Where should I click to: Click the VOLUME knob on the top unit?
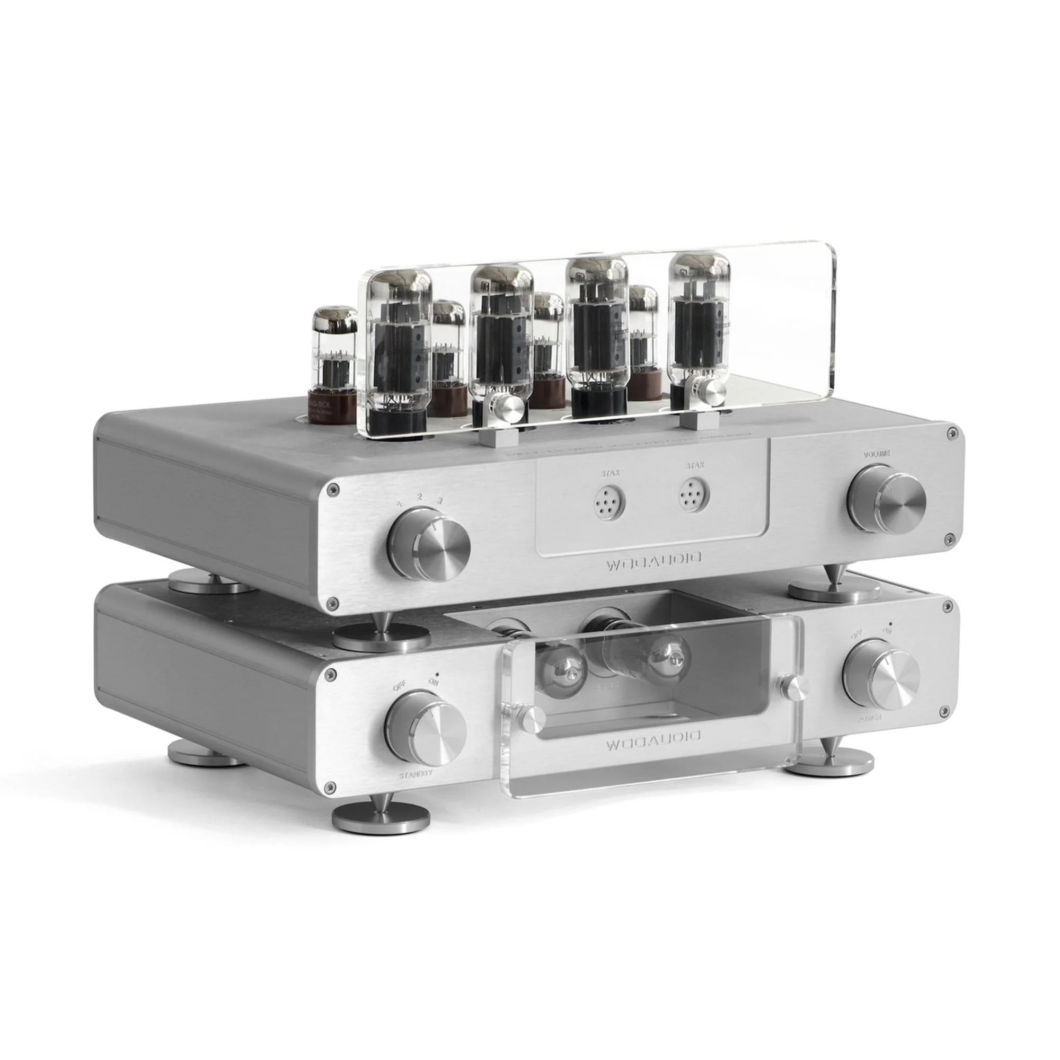click(887, 499)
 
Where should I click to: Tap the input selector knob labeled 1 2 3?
click(429, 545)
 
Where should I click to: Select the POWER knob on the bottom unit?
click(882, 676)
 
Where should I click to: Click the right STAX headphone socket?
click(694, 496)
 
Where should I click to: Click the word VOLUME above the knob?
click(876, 454)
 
